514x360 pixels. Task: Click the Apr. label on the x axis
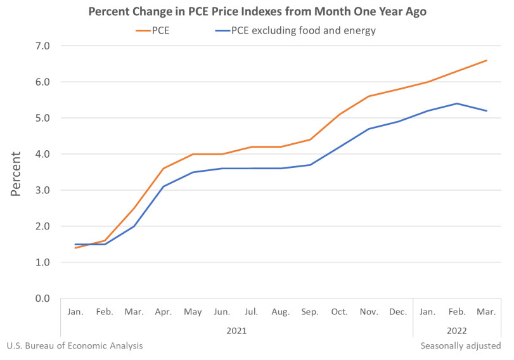click(163, 312)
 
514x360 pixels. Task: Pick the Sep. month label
click(310, 312)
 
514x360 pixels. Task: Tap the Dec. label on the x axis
click(398, 312)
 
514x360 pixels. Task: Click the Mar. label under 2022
click(486, 312)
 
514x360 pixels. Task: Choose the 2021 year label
click(236, 330)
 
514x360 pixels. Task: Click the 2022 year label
click(457, 330)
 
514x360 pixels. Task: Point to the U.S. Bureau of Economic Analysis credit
click(75, 346)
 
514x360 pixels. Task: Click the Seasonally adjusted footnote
click(461, 346)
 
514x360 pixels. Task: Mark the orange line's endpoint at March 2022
click(486, 60)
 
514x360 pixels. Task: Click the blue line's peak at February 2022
click(457, 103)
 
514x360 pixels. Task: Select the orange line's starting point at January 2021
click(75, 248)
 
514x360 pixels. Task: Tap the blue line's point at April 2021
click(163, 186)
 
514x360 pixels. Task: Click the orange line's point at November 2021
click(369, 96)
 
